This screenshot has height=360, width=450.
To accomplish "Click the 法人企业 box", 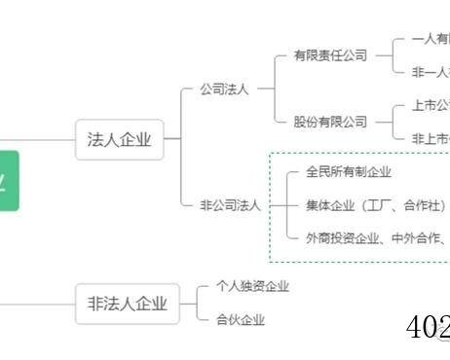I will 119,140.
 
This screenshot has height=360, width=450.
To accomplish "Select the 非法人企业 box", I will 127,304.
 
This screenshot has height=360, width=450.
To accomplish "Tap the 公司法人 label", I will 224,89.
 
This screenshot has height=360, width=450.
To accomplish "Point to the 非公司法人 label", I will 230,204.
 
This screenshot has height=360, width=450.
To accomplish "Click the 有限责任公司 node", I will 330,55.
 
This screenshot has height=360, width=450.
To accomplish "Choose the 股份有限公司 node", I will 330,122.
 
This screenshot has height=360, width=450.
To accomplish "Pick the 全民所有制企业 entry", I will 348,172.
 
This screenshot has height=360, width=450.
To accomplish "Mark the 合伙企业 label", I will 240,319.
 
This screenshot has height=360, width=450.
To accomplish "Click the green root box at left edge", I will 8,181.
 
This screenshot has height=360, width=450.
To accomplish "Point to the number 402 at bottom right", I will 427,328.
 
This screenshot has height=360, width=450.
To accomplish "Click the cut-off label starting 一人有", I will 429,40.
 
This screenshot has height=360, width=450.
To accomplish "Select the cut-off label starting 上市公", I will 429,105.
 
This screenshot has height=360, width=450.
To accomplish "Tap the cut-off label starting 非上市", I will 429,138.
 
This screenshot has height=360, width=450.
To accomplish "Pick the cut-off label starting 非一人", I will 429,72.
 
